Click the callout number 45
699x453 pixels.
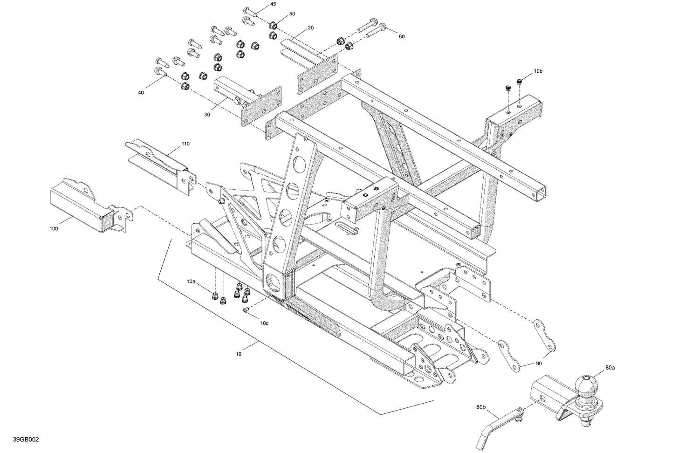point(273,4)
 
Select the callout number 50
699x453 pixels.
point(292,14)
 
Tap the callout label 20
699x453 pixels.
point(310,28)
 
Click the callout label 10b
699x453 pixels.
point(538,71)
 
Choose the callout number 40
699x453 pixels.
point(141,93)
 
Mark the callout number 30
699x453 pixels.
point(207,115)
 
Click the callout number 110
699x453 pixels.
point(185,144)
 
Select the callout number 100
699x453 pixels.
point(54,229)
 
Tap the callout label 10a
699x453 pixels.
point(191,281)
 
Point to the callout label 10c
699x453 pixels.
point(264,323)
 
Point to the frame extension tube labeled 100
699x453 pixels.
point(84,207)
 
